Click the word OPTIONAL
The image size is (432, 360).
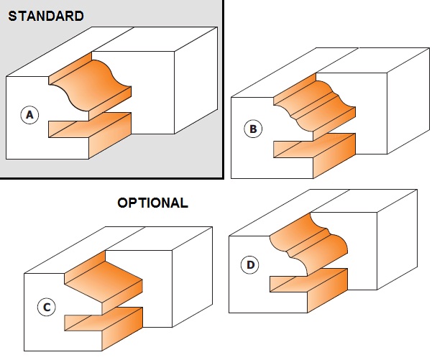[x=152, y=203]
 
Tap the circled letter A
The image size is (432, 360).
[x=29, y=114]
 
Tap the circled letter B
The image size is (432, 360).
[x=252, y=129]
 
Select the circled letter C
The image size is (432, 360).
[x=45, y=308]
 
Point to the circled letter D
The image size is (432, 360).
[x=250, y=264]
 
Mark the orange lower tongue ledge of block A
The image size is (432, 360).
[x=90, y=128]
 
